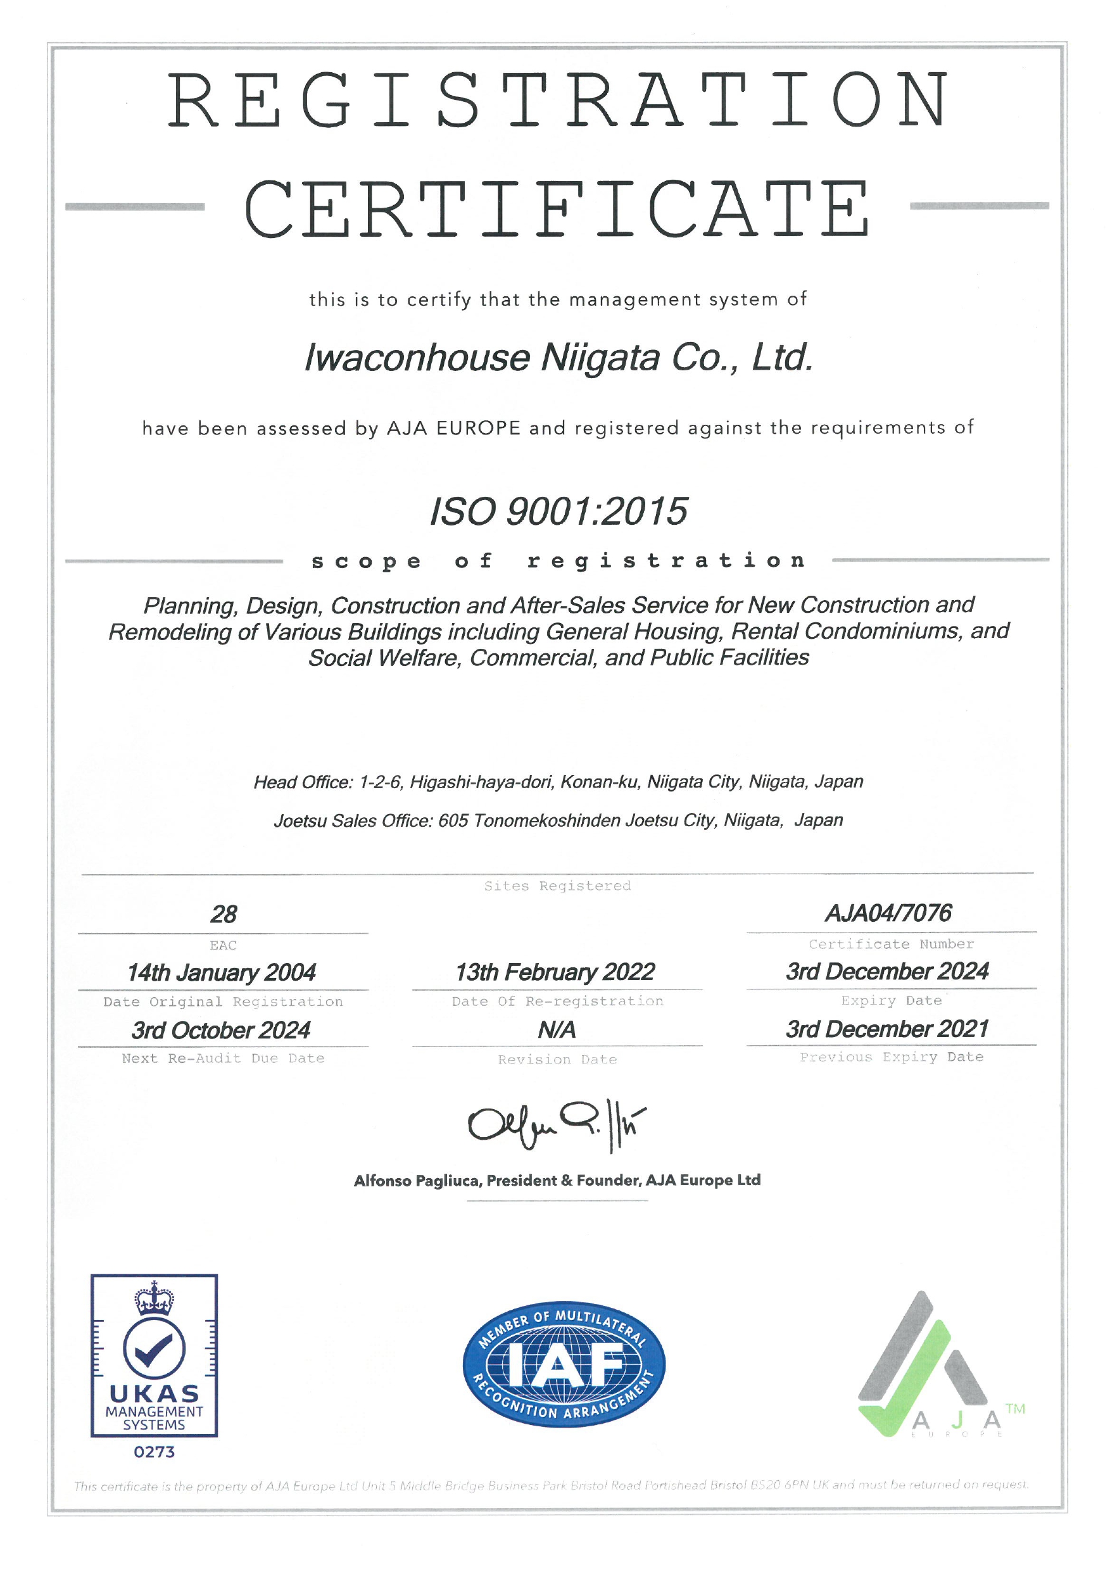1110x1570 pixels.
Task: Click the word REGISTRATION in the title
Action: [558, 101]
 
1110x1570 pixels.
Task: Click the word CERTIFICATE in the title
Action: [557, 210]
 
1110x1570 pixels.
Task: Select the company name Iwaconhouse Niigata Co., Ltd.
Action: [558, 358]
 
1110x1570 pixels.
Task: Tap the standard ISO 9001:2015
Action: [558, 512]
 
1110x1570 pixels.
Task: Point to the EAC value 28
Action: [224, 914]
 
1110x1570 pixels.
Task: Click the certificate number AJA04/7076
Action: [888, 913]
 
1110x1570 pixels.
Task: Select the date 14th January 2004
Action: [222, 972]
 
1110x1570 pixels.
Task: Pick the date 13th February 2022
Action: [555, 972]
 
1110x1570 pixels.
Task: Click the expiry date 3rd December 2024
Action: [888, 971]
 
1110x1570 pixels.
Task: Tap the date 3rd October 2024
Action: [221, 1030]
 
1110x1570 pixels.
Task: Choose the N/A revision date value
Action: [557, 1030]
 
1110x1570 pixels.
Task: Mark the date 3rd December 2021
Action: [888, 1029]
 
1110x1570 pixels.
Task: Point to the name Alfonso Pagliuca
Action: [417, 1181]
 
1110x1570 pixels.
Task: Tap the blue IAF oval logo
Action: [564, 1364]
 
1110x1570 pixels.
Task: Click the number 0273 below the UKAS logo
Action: [154, 1452]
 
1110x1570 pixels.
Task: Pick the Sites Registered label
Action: [557, 886]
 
